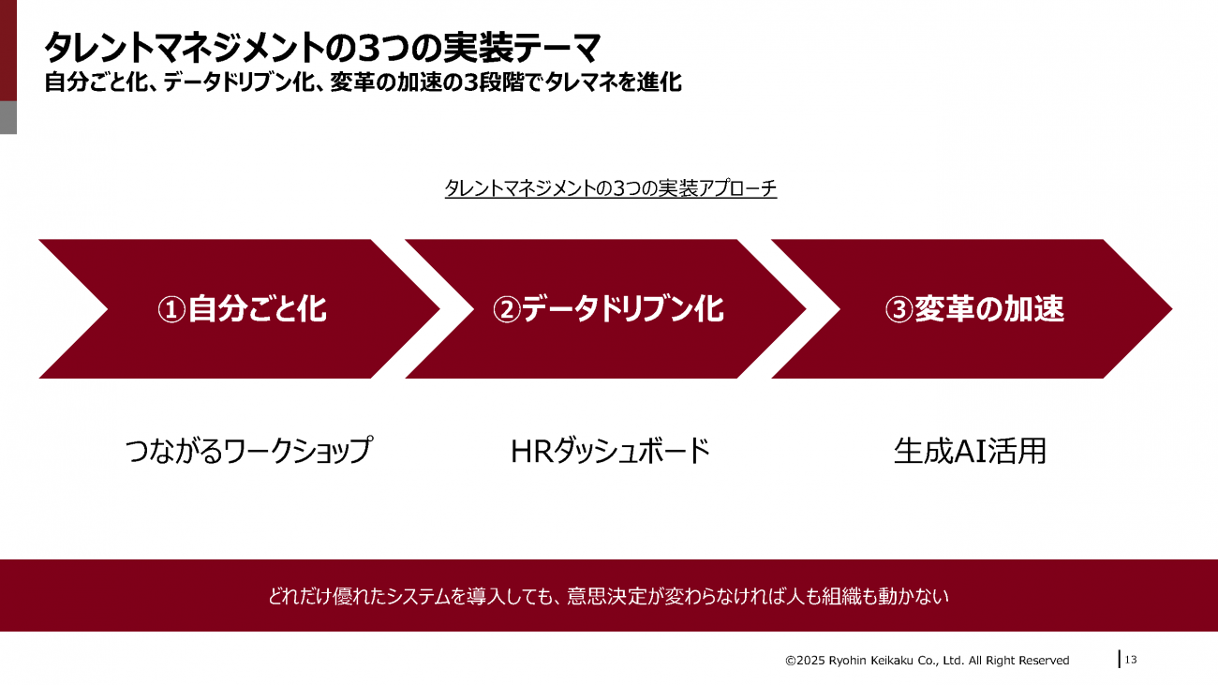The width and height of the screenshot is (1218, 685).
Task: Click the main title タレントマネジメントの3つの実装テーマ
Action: (322, 47)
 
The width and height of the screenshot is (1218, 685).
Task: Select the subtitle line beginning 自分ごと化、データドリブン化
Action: (363, 82)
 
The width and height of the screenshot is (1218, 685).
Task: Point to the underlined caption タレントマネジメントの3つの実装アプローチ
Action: (611, 188)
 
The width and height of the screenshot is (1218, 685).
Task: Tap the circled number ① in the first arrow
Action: (171, 309)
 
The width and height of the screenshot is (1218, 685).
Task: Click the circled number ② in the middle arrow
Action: (507, 309)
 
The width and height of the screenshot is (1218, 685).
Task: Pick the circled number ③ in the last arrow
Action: (899, 309)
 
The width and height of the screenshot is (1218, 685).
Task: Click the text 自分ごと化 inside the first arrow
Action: (258, 309)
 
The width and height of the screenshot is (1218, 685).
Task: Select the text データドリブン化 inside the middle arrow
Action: (623, 309)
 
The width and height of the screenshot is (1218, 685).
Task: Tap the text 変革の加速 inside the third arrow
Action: (989, 309)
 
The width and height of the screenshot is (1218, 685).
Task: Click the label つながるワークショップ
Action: (249, 451)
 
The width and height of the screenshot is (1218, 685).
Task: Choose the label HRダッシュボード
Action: (611, 451)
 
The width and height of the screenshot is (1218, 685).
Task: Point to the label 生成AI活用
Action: (970, 451)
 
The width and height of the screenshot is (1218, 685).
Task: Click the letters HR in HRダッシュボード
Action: (532, 452)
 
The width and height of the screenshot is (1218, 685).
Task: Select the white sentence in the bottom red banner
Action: (608, 596)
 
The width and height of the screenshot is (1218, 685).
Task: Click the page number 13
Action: (1131, 660)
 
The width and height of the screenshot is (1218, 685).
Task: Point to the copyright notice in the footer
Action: (928, 661)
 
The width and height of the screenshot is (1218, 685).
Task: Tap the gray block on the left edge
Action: (8, 117)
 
